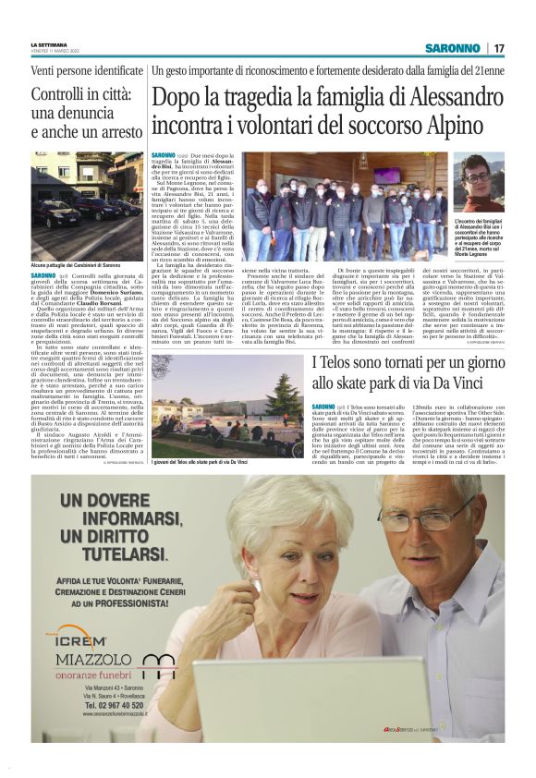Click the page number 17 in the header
coord(499,48)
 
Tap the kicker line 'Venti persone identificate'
coord(87,70)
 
